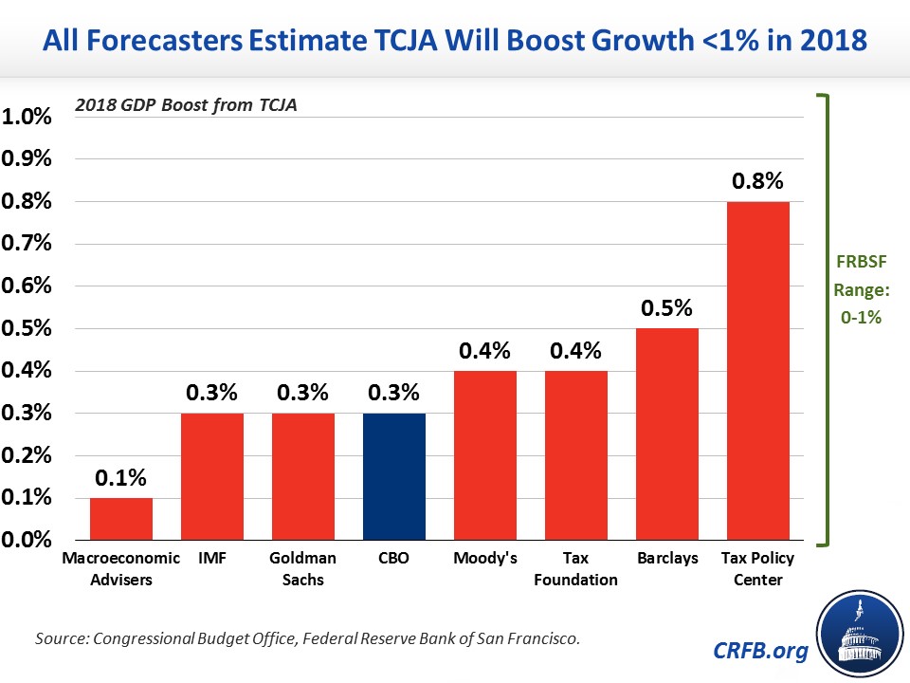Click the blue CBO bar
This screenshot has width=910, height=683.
tap(394, 476)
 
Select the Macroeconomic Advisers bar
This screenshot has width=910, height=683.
tap(121, 519)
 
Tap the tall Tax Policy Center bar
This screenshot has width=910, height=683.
tap(758, 371)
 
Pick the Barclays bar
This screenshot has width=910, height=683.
tap(666, 434)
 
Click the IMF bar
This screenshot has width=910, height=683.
tap(212, 476)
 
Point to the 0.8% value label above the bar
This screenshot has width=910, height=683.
tap(757, 180)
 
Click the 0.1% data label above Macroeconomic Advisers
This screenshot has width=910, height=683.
tap(120, 477)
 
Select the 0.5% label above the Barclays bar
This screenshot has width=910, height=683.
tap(666, 307)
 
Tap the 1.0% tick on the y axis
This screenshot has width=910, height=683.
tap(27, 116)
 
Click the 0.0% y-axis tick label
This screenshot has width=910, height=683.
tap(27, 540)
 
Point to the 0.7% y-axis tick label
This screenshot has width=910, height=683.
tap(27, 243)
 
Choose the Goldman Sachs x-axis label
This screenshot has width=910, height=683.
tap(303, 568)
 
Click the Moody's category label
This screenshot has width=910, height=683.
tap(485, 558)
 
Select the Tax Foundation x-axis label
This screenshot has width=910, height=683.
tap(575, 568)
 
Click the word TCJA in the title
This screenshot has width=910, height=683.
tap(406, 41)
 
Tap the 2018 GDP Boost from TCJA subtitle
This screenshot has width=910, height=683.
tap(186, 105)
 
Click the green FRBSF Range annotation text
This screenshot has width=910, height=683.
tap(862, 289)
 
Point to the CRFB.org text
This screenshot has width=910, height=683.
tap(760, 651)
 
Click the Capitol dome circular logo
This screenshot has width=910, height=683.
tap(860, 635)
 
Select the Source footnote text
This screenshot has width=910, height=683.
tap(307, 638)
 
